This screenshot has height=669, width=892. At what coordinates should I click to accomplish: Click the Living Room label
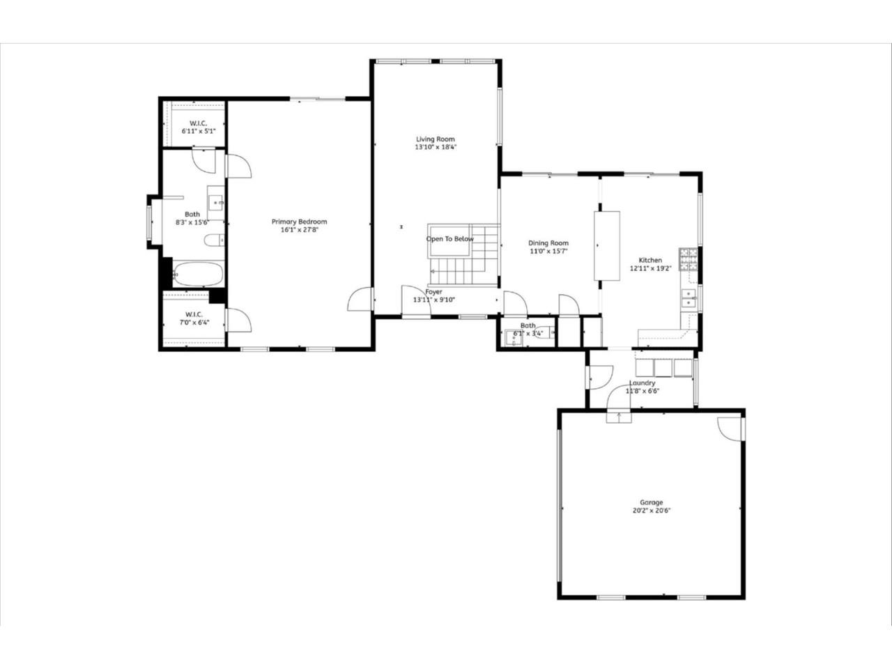coord(436,139)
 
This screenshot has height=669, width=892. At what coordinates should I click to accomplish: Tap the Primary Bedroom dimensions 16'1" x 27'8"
coord(299,230)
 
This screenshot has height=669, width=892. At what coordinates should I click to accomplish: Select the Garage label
coord(652,502)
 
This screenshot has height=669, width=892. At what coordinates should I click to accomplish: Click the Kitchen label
coord(650,260)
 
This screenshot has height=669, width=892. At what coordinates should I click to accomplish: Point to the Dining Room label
coord(548,243)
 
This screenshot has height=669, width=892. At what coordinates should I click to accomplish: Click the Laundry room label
coord(642,383)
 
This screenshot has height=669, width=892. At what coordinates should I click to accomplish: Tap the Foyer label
coord(433,292)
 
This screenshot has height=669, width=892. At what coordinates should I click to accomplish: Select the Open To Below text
coord(449,239)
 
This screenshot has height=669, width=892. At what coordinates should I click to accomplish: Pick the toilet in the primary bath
coord(213,241)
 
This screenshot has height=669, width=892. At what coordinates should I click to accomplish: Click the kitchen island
coord(606,245)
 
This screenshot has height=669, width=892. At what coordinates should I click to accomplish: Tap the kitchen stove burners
coord(688,259)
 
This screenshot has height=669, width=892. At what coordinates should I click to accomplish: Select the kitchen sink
coord(689,299)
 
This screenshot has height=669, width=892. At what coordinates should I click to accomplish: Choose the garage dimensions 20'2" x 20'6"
coord(652,510)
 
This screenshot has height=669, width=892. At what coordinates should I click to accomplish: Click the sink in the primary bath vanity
coord(216,203)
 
